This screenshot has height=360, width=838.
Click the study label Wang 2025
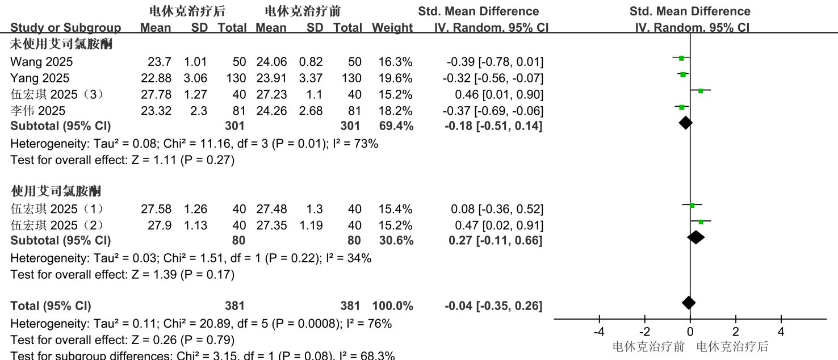(41, 61)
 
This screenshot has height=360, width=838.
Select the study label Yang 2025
(40, 78)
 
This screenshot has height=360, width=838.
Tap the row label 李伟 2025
(38, 111)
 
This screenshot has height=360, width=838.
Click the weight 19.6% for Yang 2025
(396, 78)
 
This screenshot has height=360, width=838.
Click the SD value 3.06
(195, 78)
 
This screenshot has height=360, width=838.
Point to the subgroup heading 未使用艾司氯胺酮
(61, 44)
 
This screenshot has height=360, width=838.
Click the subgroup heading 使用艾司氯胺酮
(56, 190)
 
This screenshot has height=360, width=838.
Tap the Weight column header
(392, 28)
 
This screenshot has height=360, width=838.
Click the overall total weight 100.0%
(392, 306)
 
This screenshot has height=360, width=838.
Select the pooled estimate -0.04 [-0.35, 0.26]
(493, 306)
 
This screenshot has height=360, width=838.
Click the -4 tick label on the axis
(598, 332)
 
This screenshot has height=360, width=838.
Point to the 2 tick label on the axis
(736, 332)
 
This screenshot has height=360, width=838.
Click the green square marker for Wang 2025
(681, 58)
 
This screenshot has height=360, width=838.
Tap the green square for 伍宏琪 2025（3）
(701, 91)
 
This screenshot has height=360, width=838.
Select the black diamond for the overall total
(689, 303)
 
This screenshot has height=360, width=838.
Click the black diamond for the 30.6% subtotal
(696, 237)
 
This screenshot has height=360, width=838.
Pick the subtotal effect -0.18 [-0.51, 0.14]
(493, 126)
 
